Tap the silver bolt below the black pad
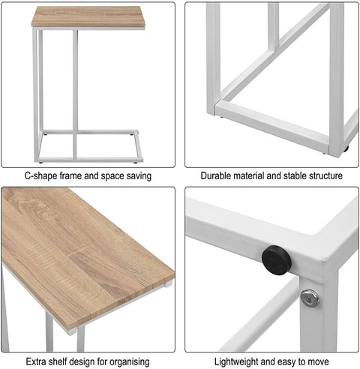(x=309, y=297)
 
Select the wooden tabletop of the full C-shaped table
(x=88, y=17)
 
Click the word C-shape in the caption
(x=43, y=176)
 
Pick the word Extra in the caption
(x=35, y=361)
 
